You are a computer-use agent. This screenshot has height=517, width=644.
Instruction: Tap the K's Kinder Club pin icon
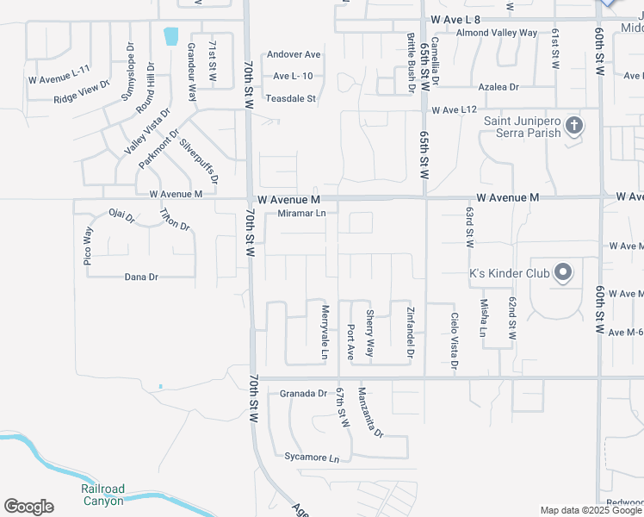click(563, 273)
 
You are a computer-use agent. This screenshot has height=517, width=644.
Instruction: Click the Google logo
click(28, 507)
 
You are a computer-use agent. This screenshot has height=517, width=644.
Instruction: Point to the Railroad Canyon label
click(102, 495)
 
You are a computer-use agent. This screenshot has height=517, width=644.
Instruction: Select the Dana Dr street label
click(141, 277)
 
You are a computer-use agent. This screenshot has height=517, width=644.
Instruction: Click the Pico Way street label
click(88, 251)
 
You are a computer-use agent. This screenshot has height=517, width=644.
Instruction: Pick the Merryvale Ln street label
click(325, 332)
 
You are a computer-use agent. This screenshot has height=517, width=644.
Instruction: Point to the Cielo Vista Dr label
click(455, 342)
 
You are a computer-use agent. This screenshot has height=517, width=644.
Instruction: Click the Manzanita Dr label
click(370, 411)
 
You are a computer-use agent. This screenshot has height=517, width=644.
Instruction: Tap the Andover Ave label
click(294, 54)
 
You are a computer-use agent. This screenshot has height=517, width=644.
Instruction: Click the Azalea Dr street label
click(498, 87)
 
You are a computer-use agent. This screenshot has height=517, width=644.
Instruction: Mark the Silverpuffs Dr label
click(199, 159)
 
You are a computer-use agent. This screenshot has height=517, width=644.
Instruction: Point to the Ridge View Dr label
click(82, 92)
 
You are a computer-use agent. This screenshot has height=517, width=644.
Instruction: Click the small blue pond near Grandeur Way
click(170, 36)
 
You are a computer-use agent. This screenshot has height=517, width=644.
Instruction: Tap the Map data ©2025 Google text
click(591, 510)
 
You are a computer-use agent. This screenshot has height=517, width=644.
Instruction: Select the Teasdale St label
click(291, 99)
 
